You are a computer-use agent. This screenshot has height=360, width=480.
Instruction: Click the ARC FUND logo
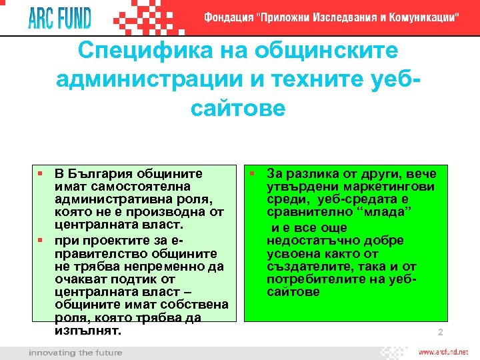(x=59, y=17)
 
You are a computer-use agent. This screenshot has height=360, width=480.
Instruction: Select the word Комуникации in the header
(x=420, y=18)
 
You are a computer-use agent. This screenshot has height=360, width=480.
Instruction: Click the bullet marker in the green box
(x=253, y=174)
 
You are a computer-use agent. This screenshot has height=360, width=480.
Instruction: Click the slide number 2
(x=440, y=333)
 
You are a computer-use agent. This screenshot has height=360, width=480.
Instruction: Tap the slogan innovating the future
(x=75, y=352)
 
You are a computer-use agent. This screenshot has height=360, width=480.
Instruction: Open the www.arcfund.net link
(x=443, y=351)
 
